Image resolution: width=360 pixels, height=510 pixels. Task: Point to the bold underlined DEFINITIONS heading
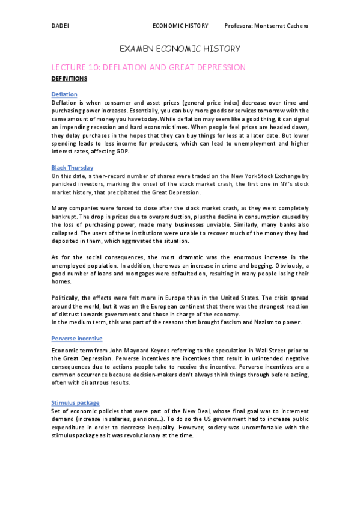coord(69,79)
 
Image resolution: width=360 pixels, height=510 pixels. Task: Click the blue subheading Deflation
coord(64,94)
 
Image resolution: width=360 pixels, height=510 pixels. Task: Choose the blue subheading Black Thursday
coord(72,167)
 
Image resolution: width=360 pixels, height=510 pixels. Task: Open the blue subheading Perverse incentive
coord(77,339)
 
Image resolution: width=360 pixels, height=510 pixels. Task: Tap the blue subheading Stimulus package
coord(75,402)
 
